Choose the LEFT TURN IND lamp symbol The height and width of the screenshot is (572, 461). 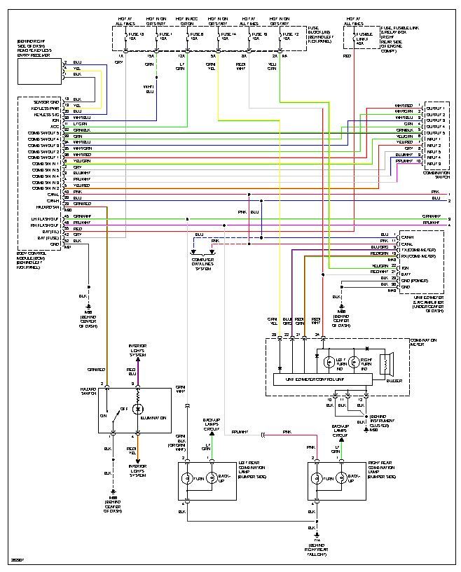[327, 362]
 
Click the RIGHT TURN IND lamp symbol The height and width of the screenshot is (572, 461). [355, 362]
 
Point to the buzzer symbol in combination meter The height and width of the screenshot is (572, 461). [384, 364]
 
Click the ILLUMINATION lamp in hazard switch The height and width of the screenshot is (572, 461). [138, 409]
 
